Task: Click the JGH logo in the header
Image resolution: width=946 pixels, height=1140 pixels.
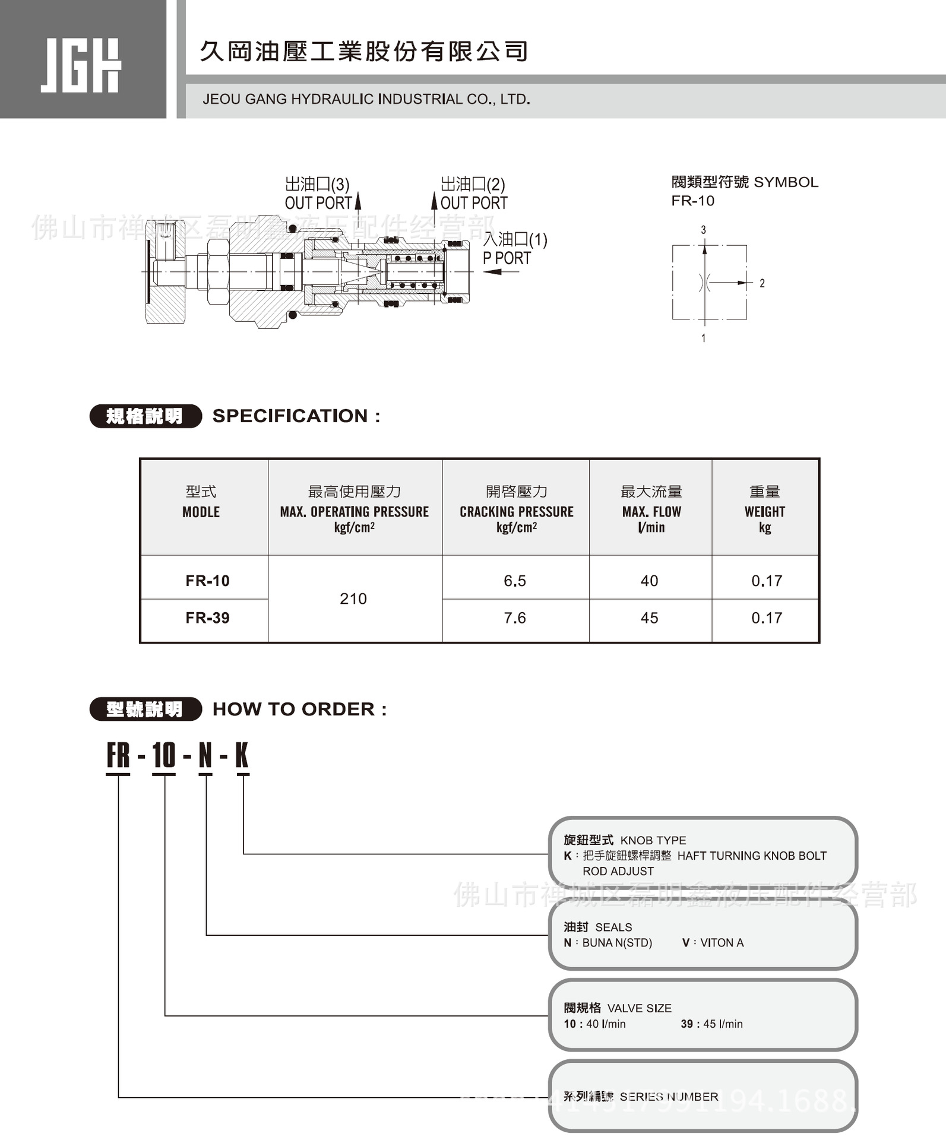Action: pyautogui.click(x=81, y=65)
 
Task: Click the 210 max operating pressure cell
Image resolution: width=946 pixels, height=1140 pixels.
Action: pyautogui.click(x=353, y=598)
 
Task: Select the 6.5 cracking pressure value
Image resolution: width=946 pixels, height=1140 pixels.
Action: pyautogui.click(x=515, y=581)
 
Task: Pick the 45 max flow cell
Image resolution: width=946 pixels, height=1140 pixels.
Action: pyautogui.click(x=649, y=618)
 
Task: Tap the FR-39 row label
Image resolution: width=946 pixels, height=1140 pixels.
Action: pyautogui.click(x=207, y=618)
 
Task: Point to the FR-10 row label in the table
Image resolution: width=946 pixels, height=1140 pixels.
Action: pyautogui.click(x=207, y=581)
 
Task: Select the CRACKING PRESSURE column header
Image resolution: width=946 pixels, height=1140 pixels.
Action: pyautogui.click(x=516, y=512)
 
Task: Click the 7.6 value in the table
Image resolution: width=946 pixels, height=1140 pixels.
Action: pyautogui.click(x=515, y=618)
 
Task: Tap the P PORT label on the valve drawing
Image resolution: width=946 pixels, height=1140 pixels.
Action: pyautogui.click(x=507, y=258)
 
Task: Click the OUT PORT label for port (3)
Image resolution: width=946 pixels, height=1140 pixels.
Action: pyautogui.click(x=318, y=203)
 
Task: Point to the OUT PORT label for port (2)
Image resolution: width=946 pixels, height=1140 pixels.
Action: pyautogui.click(x=474, y=203)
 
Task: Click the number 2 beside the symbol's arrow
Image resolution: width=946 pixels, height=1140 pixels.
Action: pyautogui.click(x=762, y=283)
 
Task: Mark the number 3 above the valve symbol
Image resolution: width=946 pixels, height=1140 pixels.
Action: pyautogui.click(x=704, y=230)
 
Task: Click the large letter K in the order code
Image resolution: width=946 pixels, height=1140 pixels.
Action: pyautogui.click(x=242, y=756)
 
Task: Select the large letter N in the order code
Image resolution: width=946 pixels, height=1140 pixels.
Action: pyautogui.click(x=205, y=756)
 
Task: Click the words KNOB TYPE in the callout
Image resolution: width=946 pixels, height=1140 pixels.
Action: pyautogui.click(x=653, y=840)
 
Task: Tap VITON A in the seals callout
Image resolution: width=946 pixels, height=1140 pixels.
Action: pyautogui.click(x=722, y=942)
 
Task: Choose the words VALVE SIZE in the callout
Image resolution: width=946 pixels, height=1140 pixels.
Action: pyautogui.click(x=639, y=1008)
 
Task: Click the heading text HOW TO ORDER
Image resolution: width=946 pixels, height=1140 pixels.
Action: pyautogui.click(x=293, y=709)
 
